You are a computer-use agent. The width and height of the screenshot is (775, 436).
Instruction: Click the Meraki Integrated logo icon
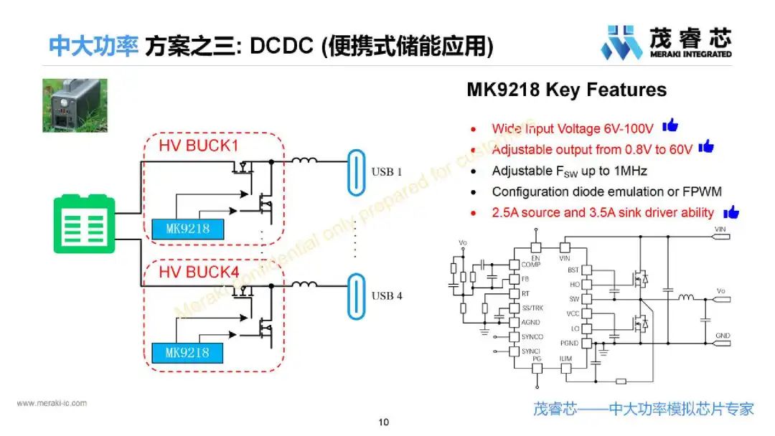621,42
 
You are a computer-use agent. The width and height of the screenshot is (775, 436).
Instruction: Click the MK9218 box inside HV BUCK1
187,228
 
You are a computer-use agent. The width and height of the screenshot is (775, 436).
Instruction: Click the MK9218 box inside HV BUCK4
187,352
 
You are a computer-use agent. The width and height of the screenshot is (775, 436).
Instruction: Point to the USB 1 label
387,172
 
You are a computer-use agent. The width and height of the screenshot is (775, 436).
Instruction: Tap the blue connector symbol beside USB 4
356,296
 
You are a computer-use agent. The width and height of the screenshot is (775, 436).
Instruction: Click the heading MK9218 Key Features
566,90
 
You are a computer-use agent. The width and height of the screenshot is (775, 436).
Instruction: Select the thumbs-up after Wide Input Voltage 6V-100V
670,126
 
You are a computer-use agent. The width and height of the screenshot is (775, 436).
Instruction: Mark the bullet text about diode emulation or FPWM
606,192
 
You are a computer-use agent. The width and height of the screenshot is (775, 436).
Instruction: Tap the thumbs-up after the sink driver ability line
731,212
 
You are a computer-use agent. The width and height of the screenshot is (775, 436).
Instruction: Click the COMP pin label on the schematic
531,265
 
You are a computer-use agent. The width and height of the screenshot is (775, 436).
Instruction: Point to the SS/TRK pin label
532,308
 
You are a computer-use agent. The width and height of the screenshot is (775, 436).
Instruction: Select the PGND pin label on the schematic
570,343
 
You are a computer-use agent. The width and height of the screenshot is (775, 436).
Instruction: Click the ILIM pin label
566,359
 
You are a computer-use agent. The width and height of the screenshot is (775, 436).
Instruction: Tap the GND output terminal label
722,335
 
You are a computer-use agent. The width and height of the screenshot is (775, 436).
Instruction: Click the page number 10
384,422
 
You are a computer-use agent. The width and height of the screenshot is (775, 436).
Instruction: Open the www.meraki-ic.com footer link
52,403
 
